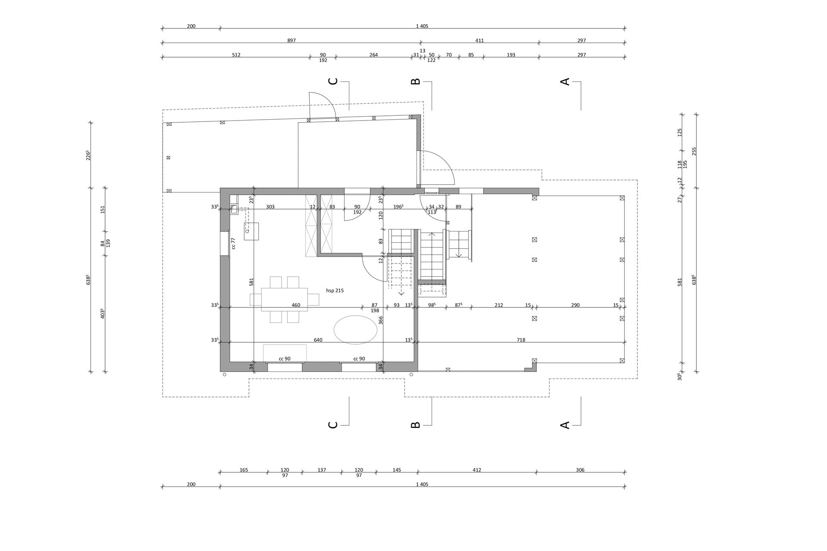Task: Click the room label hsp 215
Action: pos(335,291)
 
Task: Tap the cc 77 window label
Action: pos(233,244)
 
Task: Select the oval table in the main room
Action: pos(356,330)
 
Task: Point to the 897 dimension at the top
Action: pos(292,40)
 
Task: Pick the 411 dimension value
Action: pos(479,40)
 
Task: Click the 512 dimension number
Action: pos(236,55)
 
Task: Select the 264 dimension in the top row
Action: pos(373,55)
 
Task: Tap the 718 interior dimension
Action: pos(521,340)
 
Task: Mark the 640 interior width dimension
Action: pos(318,340)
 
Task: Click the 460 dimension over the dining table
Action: pos(296,305)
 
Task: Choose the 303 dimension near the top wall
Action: pos(270,207)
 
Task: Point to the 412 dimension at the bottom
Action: pos(476,470)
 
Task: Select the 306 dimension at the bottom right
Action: pos(580,470)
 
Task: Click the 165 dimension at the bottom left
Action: pos(243,470)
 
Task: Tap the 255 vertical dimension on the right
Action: pos(694,152)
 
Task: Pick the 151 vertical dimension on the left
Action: pos(103,210)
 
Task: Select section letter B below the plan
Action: pos(415,425)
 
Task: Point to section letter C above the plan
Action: pos(333,81)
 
